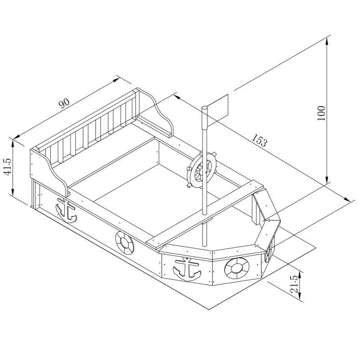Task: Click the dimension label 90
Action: (x=64, y=103)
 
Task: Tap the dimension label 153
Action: (x=260, y=140)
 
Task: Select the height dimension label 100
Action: (x=321, y=113)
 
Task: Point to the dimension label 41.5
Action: (x=8, y=166)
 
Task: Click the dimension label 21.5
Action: (x=295, y=284)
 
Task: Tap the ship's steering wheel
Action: (x=202, y=170)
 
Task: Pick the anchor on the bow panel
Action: (x=187, y=270)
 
